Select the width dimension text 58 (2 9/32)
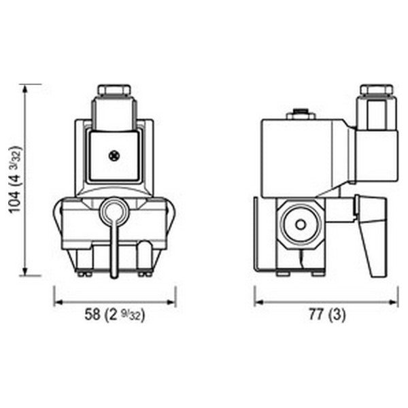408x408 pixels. click(115, 314)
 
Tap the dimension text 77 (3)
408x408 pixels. click(326, 314)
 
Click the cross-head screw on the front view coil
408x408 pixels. click(114, 156)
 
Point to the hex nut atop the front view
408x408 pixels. click(114, 90)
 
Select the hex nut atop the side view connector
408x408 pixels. click(376, 90)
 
